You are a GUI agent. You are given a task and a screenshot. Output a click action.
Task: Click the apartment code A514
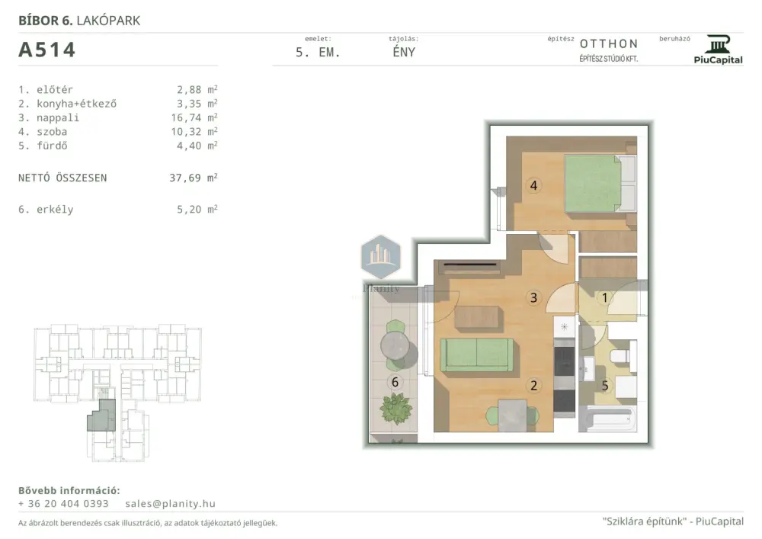[x=46, y=50]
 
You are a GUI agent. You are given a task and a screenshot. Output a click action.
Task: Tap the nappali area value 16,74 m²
[x=194, y=117]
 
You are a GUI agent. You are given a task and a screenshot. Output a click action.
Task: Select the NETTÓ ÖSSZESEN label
[x=62, y=178]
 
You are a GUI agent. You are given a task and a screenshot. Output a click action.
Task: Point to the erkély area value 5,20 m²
[x=197, y=210]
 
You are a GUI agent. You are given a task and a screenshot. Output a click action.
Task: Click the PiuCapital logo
[x=719, y=50]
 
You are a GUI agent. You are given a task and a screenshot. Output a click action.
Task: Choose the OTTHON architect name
[x=609, y=43]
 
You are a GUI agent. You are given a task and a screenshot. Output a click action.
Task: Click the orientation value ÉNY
[x=404, y=52]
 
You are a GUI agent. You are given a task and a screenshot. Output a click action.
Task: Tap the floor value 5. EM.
[x=318, y=53]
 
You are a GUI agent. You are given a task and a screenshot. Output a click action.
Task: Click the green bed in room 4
[x=600, y=183]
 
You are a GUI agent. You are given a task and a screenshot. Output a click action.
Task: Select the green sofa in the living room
[x=477, y=355]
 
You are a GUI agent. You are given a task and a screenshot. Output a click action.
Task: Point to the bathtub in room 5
[x=607, y=419]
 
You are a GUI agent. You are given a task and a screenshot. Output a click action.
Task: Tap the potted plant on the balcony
[x=396, y=409]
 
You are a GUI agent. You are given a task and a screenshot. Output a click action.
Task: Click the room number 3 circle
[x=533, y=297]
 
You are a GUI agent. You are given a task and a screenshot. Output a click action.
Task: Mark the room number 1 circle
[x=604, y=297]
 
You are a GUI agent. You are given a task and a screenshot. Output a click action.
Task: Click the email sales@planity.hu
[x=170, y=504]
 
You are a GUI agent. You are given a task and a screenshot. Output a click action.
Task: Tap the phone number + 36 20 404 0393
[x=64, y=504]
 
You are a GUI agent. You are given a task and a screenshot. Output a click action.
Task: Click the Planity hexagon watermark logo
[x=381, y=256]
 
